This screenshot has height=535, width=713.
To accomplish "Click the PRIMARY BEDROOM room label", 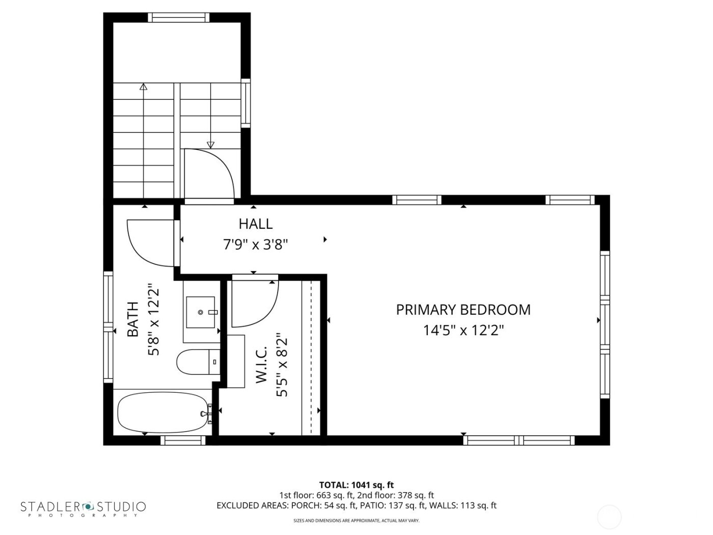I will coord(463,310).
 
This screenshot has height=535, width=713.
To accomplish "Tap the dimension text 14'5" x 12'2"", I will coord(463,331).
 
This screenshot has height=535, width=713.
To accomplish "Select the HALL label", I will coord(255,224).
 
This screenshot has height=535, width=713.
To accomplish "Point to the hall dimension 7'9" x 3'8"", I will coord(256,245).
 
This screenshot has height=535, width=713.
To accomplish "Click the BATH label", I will coord(132,319).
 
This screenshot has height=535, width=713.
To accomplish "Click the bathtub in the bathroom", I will coord(163,413).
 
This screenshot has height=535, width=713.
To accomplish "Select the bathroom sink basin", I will coord(201,311).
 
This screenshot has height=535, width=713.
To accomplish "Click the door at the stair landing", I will coord(209,173).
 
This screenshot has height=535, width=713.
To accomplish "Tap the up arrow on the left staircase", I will coord(144,87).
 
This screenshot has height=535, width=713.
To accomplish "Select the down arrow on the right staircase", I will coord(210,144).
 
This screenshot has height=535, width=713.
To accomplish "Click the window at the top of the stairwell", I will coord(178,17).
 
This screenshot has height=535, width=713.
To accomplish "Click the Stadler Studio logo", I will coord(83,507).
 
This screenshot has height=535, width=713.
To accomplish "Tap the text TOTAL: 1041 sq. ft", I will coord(356,485).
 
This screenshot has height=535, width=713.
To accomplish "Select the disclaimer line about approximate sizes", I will coord(356,521).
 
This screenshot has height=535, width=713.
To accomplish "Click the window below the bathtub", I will coord(183,440).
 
